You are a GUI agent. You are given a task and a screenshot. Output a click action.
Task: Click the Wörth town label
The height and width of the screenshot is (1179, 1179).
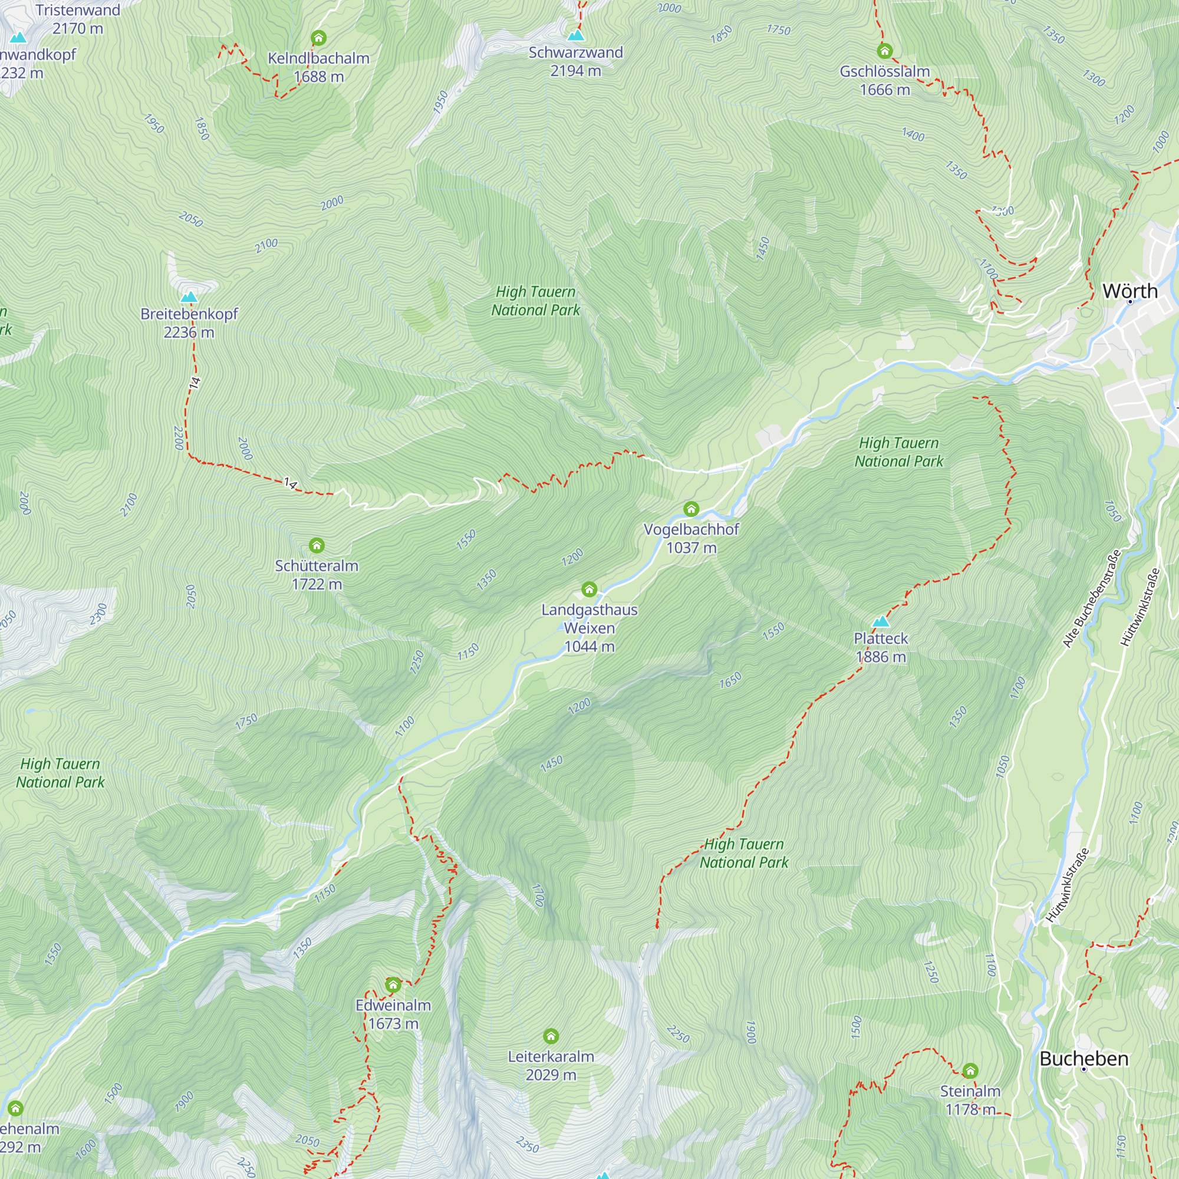point(1129,291)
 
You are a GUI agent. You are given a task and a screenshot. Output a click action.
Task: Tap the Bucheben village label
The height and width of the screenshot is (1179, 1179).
point(1084,1059)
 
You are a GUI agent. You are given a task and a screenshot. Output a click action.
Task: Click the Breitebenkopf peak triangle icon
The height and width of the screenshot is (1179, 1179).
point(189,297)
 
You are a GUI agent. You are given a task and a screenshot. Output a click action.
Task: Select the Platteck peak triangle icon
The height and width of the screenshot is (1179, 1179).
point(881,622)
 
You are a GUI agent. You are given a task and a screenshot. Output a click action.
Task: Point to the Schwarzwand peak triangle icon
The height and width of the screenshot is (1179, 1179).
point(575,35)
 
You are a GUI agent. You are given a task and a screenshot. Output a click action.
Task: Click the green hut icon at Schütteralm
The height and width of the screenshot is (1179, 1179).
point(316,545)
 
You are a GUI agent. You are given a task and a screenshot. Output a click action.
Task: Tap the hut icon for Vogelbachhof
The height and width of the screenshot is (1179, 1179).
point(691,508)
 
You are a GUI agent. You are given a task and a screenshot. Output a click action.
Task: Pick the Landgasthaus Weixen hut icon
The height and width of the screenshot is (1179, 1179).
point(589,589)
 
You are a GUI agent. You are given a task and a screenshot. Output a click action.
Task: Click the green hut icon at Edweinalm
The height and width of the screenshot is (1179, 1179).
point(393,984)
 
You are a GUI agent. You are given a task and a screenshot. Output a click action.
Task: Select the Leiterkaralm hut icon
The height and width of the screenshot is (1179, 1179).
point(551,1036)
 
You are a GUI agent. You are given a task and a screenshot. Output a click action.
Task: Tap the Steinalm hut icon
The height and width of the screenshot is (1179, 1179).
point(970,1071)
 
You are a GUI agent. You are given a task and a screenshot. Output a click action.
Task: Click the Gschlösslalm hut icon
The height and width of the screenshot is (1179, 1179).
point(884,51)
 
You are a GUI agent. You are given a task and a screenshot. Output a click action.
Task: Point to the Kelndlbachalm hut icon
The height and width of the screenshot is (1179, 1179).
point(318,38)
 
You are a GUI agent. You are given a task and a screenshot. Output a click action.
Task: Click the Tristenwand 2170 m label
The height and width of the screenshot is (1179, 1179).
point(77,19)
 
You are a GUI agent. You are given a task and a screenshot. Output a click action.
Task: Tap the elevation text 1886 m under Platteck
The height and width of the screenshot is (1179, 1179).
point(881,657)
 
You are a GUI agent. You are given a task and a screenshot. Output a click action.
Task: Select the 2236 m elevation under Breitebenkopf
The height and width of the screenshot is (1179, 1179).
point(189,332)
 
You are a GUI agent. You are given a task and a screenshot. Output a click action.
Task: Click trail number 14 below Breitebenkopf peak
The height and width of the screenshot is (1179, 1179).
point(195,383)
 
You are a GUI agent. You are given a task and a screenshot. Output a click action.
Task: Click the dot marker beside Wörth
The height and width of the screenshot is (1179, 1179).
point(1129,301)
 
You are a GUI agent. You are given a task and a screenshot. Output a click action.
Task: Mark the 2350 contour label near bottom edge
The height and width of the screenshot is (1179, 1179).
point(527,1144)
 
